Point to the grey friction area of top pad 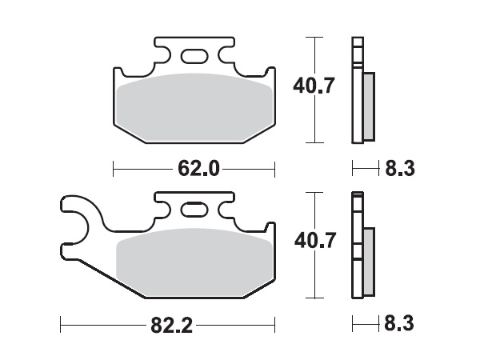pyautogui.click(x=194, y=107)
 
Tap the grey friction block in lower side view pyautogui.click(x=369, y=259)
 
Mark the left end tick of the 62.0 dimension pyautogui.click(x=114, y=169)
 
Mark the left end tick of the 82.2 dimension pyautogui.click(x=62, y=325)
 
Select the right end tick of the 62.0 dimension pyautogui.click(x=274, y=169)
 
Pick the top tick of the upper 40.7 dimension pyautogui.click(x=317, y=37)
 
